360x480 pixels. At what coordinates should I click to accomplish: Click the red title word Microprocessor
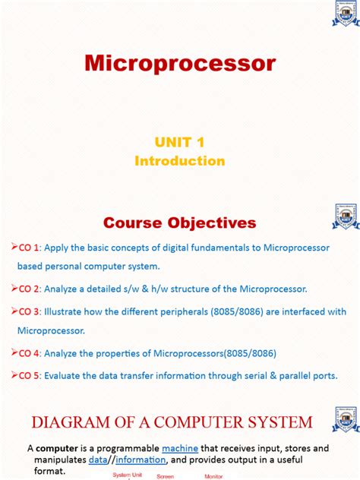click(180, 63)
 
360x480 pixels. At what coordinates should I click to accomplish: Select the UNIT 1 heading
click(180, 143)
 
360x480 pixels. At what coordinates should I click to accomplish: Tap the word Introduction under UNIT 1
click(180, 161)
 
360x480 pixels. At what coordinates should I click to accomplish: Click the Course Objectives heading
click(180, 223)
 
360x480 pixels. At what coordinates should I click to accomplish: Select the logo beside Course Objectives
click(346, 216)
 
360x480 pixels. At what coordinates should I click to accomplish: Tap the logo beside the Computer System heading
click(346, 419)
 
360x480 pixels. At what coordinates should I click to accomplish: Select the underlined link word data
click(97, 460)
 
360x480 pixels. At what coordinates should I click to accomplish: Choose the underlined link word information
click(140, 460)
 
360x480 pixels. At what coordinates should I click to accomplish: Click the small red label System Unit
click(127, 475)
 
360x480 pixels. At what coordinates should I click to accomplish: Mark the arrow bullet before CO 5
click(14, 374)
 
